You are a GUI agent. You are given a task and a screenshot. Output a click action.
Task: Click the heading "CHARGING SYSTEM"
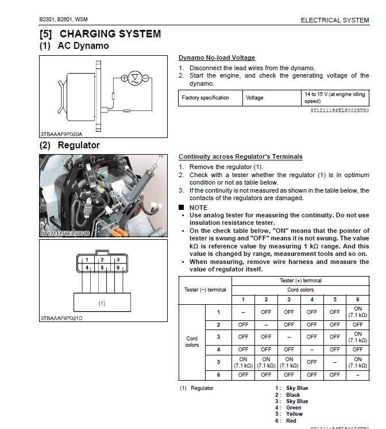(110, 34)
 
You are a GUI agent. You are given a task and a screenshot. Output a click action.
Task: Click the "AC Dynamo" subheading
(83, 46)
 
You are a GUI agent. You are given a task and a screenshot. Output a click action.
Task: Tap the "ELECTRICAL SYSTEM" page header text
(335, 20)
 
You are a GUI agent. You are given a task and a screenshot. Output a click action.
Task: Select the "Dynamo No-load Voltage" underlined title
(217, 58)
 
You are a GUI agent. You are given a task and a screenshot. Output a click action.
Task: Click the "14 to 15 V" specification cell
(335, 97)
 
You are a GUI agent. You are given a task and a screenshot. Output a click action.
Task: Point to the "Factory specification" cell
(205, 98)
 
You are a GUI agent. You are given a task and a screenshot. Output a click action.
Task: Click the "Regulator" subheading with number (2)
(78, 145)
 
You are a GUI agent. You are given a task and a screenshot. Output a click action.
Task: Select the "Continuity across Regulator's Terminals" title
(240, 156)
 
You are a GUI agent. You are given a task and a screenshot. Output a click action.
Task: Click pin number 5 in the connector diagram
(101, 267)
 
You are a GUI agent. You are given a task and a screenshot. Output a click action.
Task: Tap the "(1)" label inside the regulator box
(101, 302)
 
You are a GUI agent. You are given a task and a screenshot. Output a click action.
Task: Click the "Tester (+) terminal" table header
(300, 281)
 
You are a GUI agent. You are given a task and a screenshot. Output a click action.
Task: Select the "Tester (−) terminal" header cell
(205, 290)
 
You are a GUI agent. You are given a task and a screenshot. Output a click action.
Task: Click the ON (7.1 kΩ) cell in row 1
(357, 312)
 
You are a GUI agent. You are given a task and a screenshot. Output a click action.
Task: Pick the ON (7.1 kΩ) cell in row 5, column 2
(266, 362)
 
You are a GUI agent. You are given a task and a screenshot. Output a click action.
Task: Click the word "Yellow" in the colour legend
(294, 414)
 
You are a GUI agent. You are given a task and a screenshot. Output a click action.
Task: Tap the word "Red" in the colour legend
(291, 421)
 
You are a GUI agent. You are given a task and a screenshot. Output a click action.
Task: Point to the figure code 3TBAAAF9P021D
(61, 318)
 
